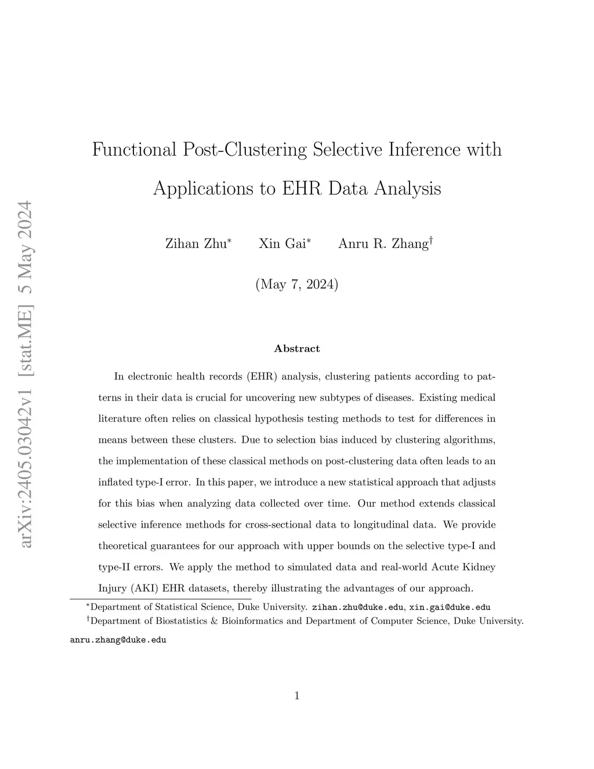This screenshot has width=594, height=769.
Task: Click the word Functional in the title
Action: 135,150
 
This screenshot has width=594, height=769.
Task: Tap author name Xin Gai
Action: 282,244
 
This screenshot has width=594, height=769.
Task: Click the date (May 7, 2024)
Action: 296,284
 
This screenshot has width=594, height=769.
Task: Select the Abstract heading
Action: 296,349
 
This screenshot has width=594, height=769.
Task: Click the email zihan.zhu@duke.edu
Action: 358,608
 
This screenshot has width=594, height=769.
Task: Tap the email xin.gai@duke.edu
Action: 450,608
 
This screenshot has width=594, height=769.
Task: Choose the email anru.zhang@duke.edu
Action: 118,640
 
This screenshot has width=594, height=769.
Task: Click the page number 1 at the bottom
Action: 297,696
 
